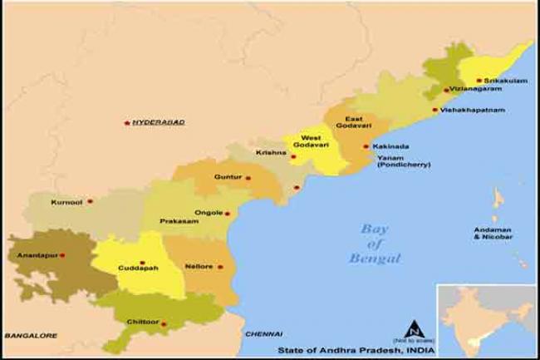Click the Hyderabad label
click(x=159, y=122)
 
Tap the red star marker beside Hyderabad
click(x=126, y=122)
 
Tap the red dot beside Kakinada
click(x=366, y=146)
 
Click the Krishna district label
click(x=272, y=153)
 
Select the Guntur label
click(x=227, y=177)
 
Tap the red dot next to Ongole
click(x=227, y=213)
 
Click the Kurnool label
click(x=66, y=201)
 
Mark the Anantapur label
click(x=36, y=254)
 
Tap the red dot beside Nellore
click(x=220, y=267)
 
